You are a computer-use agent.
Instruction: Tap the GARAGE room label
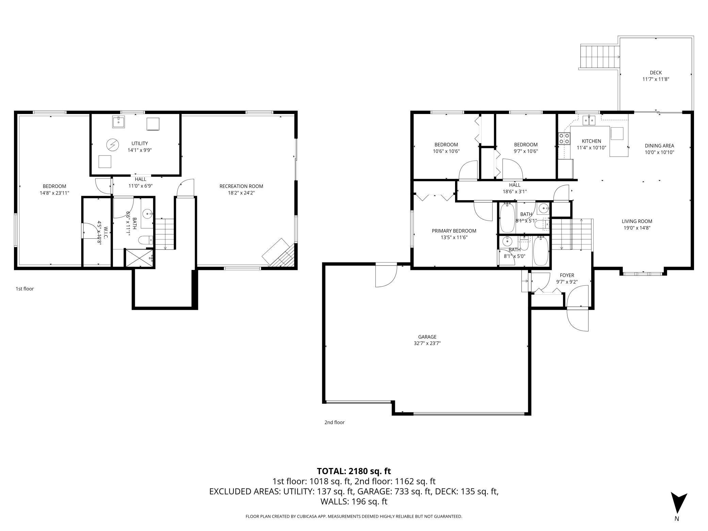coord(427,337)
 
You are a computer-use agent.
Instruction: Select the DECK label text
coord(656,73)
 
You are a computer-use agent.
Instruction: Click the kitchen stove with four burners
coord(564,139)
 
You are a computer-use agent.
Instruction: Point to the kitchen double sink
coord(589,120)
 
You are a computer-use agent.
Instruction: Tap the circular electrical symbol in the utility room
coord(112,145)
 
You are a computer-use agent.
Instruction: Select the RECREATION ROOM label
coord(241,186)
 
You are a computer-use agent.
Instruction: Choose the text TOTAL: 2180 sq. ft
coord(354,471)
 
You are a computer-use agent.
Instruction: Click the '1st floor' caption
coord(25,289)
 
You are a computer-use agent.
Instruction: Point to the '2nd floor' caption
coord(334,422)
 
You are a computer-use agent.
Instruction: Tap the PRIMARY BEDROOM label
coord(454,231)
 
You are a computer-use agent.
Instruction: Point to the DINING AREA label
coord(659,146)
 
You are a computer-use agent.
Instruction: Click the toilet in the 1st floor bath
coord(146,240)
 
